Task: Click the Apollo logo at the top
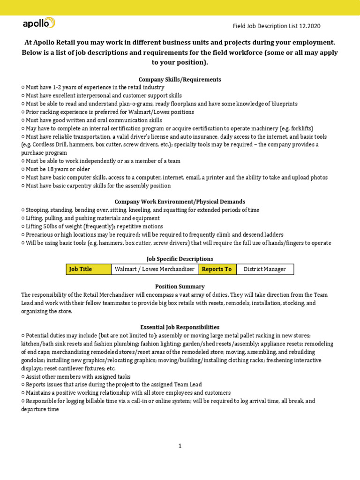[39, 23]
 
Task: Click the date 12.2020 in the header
[309, 26]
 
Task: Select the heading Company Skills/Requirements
[180, 79]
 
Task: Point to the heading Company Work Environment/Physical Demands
[180, 202]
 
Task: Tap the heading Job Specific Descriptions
[180, 259]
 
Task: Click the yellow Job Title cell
[89, 269]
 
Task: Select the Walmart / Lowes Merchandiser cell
[155, 269]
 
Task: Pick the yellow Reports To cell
[217, 269]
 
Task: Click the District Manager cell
[265, 269]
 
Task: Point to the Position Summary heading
[180, 286]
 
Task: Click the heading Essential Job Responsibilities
[180, 327]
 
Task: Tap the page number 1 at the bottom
[180, 446]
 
